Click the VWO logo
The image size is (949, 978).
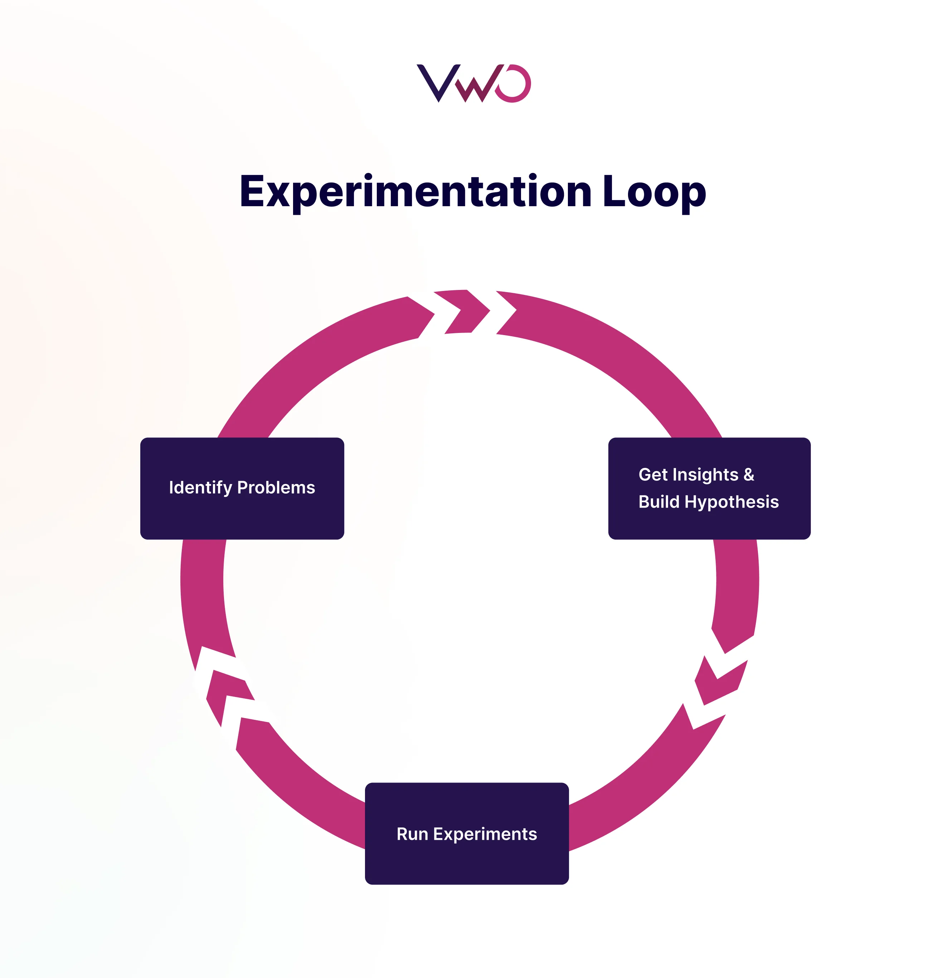point(473,83)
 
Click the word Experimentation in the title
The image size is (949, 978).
point(415,192)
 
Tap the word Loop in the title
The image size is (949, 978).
point(654,192)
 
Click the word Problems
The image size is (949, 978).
point(276,488)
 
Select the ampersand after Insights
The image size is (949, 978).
point(749,475)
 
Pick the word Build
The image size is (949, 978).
point(659,502)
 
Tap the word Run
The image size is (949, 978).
point(412,834)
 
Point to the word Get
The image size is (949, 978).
point(653,475)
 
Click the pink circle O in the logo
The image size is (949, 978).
point(514,83)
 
